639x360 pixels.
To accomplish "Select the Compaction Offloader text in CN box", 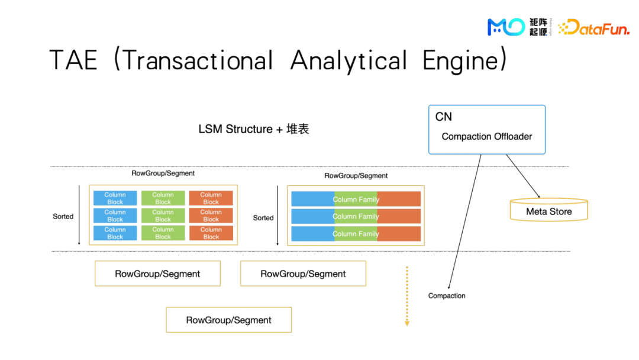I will coord(486,136).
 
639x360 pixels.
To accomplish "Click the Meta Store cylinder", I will coord(548,211).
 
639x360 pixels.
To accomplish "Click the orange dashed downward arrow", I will coord(406,296).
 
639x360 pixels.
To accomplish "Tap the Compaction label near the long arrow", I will coord(447,295).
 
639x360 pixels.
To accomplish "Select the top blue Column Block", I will coord(115,198).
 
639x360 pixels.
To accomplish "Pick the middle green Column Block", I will coord(163,216).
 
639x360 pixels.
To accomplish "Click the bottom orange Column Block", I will coord(211,233).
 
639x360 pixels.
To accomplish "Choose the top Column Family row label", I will coord(356,200).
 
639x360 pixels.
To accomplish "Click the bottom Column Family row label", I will coord(356,234).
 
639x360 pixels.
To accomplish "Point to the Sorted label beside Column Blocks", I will coord(63,217).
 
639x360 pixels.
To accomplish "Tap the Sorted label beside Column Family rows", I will coord(263,218).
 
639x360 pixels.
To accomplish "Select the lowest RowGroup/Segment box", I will coord(228,320).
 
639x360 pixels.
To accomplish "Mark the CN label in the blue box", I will coord(444,117).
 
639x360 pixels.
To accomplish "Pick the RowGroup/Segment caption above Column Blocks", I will coord(163,173).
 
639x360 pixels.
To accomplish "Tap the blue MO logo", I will coord(505,27).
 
